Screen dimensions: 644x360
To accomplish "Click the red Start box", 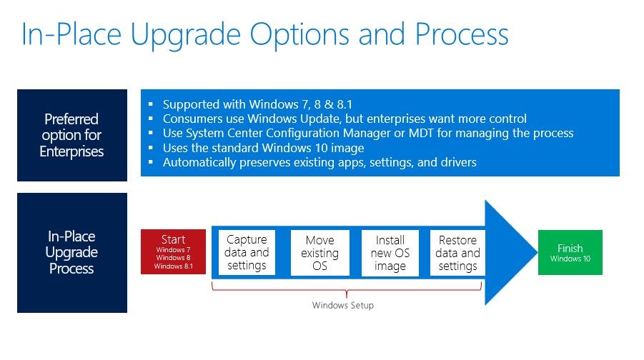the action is [x=173, y=251].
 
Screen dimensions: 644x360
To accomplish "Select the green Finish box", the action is [x=570, y=252].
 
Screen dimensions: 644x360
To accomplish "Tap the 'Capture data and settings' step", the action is [x=247, y=252].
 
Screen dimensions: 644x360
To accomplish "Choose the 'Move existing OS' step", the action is [x=320, y=253].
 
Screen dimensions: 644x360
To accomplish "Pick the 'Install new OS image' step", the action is [x=390, y=253].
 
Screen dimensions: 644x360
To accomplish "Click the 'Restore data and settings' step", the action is [x=457, y=253].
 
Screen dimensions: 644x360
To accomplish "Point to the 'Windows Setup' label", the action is [x=343, y=305].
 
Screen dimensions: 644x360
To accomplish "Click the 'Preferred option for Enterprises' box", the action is [x=72, y=135].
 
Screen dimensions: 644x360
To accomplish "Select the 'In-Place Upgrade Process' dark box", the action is [x=72, y=252].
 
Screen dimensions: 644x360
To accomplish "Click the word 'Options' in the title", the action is [x=299, y=34].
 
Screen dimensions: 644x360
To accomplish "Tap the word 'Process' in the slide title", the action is [x=462, y=34].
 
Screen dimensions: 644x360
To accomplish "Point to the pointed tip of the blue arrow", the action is [x=537, y=252].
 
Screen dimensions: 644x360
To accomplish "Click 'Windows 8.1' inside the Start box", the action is [x=173, y=266].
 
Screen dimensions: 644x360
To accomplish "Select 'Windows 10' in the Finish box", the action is [x=570, y=259].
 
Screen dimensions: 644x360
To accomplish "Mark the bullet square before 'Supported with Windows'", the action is [x=151, y=104].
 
